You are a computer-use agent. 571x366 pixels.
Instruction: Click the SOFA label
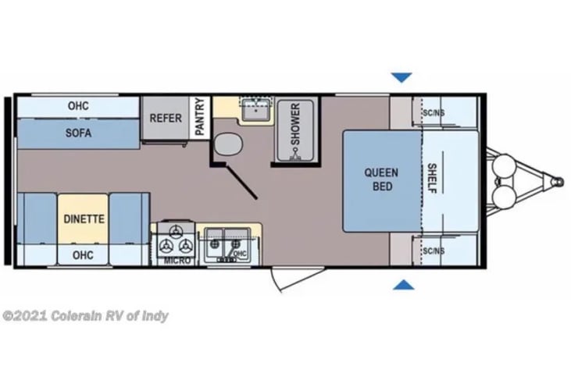pos(78,133)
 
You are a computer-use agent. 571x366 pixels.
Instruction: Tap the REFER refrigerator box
pos(166,119)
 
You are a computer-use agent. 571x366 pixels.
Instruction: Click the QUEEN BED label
pos(381,179)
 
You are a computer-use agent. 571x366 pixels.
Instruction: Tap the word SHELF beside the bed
pos(432,179)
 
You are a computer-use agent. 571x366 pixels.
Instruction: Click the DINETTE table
pos(84,219)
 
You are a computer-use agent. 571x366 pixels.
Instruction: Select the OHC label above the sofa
pos(78,104)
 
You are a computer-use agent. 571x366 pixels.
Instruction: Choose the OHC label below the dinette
pos(84,254)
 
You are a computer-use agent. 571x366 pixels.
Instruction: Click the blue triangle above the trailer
pos(401,77)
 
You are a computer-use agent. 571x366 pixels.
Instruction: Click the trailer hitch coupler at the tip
pos(556,180)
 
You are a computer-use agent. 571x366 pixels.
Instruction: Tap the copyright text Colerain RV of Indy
pos(85,316)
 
